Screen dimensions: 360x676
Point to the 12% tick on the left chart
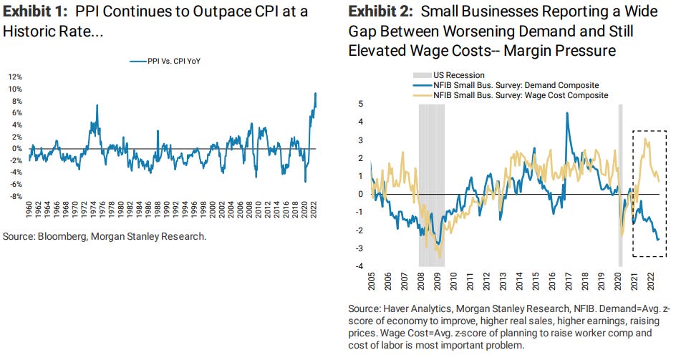coord(15,77)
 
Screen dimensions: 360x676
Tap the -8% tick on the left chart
coord(15,196)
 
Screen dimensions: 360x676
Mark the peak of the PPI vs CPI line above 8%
coord(316,94)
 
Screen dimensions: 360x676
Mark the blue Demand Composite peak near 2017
coord(567,113)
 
